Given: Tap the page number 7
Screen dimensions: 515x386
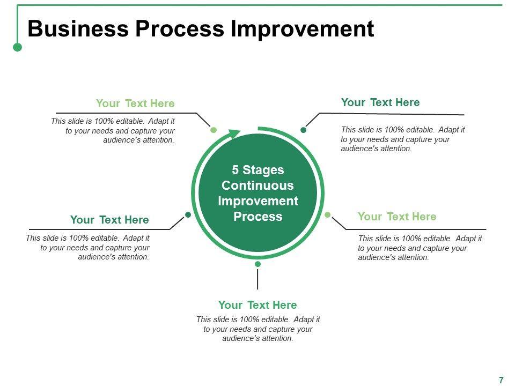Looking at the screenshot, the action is (501, 380).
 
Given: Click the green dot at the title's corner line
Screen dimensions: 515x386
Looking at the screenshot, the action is (17, 47).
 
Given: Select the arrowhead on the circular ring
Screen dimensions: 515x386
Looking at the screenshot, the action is (234, 134).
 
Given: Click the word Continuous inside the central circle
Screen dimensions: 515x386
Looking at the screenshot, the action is (258, 185).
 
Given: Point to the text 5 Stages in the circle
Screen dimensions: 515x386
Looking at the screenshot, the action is (258, 170).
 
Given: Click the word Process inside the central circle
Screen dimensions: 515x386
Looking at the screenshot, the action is (258, 217).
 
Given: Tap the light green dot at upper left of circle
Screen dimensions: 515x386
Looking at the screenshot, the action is (214, 130).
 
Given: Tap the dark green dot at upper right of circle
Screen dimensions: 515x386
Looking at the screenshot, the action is (303, 130).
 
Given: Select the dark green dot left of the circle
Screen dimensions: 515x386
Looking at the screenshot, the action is (188, 215).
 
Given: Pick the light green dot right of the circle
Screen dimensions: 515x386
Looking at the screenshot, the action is (328, 215).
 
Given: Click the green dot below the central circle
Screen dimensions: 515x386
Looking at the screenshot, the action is (257, 264).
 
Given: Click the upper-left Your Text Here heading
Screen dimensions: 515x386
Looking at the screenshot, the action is (135, 103).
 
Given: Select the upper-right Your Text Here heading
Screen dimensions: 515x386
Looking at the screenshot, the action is (380, 102).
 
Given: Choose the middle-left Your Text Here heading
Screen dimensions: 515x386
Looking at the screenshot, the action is (109, 220).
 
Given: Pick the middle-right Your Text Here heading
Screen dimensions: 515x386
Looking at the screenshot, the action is (397, 217).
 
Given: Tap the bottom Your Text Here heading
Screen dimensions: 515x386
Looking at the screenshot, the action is (257, 305).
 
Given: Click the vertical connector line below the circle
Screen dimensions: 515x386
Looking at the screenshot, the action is (257, 279).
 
